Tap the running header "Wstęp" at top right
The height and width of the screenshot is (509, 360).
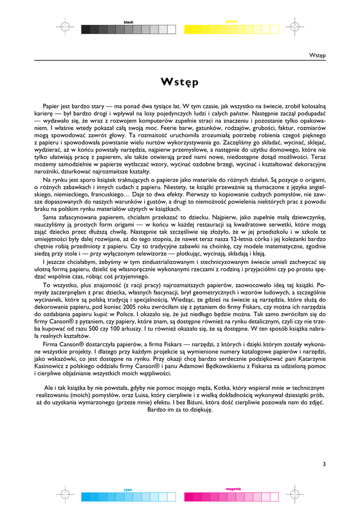[x=317, y=55]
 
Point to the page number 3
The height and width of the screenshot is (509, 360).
[x=324, y=465]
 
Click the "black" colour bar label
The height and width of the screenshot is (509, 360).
[x=129, y=22]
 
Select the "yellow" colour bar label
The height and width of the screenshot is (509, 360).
[x=231, y=21]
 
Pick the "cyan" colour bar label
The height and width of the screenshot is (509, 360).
[x=128, y=490]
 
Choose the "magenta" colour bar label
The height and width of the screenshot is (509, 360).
[x=233, y=489]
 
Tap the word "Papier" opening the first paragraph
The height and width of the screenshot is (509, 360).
[x=52, y=107]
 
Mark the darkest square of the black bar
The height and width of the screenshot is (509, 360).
[x=86, y=29]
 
